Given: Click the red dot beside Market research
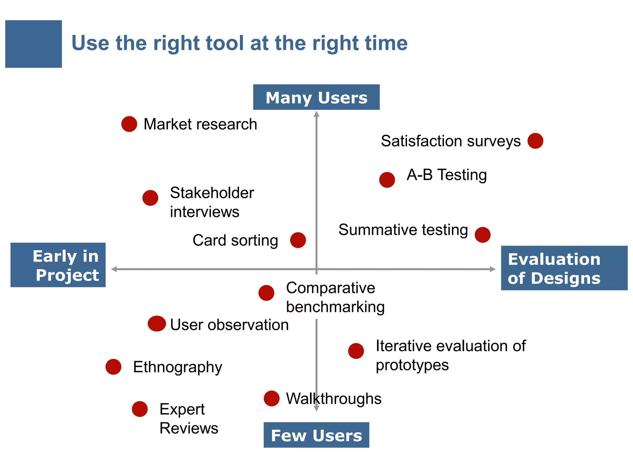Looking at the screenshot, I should (129, 124).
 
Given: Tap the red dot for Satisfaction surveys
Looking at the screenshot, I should (535, 141).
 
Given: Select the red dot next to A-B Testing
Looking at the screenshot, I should (387, 180).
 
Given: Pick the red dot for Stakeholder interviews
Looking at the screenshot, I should (150, 198).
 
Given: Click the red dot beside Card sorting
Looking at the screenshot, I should (298, 240).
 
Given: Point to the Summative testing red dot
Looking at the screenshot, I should (482, 235).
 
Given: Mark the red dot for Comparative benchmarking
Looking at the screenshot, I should (266, 293).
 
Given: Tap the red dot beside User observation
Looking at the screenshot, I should (157, 324).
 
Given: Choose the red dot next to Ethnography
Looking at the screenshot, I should (113, 367).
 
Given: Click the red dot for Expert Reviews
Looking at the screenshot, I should (140, 409).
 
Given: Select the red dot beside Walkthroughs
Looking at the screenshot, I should (272, 398).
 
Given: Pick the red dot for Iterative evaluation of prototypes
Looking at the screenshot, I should (356, 351).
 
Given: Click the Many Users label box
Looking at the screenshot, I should (316, 97).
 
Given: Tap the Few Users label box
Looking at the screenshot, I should (316, 435).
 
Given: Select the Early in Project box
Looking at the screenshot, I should (58, 265).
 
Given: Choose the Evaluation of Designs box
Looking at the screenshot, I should (564, 268).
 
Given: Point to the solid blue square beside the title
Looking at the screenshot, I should (33, 44).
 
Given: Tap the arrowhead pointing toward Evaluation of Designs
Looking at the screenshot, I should (493, 269).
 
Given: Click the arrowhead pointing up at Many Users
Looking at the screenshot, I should (316, 114).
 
